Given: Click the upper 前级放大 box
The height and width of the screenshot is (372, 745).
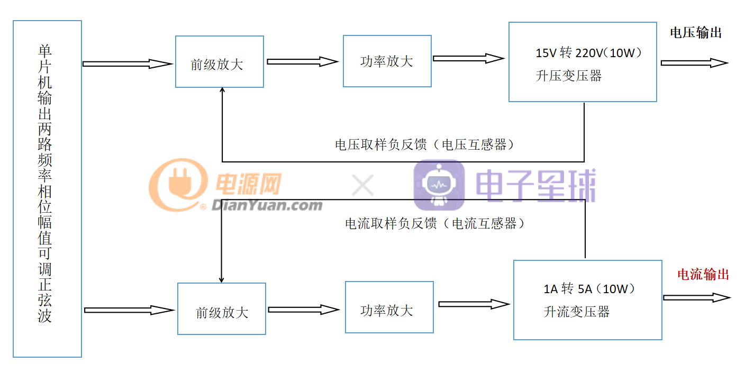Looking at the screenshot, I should point(219,62).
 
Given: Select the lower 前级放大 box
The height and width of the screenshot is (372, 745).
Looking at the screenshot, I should point(221,309).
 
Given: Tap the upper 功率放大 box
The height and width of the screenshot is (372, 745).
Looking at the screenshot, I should point(387,61).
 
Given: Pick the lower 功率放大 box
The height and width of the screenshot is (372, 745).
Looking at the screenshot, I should point(389,307).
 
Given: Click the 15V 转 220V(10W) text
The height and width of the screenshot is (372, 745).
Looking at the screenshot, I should point(588,53).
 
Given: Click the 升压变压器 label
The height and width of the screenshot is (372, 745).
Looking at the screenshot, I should point(569,76).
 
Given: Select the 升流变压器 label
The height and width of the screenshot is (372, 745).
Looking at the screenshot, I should point(576,312).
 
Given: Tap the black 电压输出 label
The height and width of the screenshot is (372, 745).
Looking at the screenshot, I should point(696,33).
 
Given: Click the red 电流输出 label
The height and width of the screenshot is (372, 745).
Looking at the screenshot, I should point(703,274).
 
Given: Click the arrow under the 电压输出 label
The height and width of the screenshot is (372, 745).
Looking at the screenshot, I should point(694,63).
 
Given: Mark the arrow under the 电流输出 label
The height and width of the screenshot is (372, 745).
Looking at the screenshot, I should point(696,297).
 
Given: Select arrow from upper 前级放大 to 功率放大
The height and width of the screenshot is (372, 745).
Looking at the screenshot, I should point(302,62).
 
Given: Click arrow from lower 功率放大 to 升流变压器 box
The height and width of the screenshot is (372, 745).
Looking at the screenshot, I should point(474,304).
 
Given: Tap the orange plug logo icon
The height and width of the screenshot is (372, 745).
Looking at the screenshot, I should point(178,185).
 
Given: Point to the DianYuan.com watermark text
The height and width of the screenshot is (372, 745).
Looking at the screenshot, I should point(267,205).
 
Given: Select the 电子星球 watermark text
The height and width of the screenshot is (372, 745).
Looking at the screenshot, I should point(535,185).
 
